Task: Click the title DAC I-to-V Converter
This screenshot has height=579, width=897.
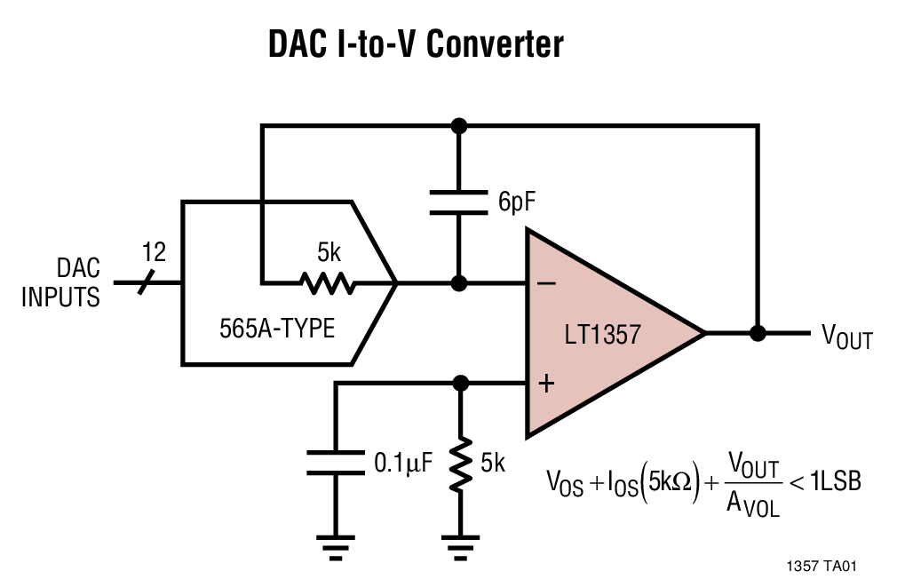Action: tap(416, 44)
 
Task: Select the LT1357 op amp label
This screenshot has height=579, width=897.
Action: tap(602, 335)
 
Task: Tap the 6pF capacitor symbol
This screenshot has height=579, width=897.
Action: tap(458, 202)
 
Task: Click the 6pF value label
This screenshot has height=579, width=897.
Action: tap(517, 202)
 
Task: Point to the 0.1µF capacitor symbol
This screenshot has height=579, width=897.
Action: tap(336, 462)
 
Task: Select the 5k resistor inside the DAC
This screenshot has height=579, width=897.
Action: tap(328, 284)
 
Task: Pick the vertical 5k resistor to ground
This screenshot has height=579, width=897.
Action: tap(459, 463)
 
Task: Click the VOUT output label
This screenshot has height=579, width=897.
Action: tap(845, 337)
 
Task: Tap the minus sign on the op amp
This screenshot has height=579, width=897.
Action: tap(547, 283)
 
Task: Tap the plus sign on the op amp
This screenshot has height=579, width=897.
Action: tap(547, 384)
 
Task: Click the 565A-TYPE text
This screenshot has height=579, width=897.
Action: tap(277, 329)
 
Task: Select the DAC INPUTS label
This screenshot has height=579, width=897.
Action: tap(60, 282)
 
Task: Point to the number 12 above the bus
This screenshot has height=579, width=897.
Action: tap(154, 253)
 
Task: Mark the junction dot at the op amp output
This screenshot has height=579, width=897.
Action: tap(758, 333)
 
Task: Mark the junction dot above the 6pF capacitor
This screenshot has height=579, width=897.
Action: tap(458, 125)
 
